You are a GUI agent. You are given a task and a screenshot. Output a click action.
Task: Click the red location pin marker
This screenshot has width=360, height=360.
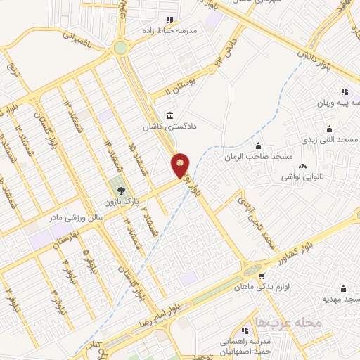180,165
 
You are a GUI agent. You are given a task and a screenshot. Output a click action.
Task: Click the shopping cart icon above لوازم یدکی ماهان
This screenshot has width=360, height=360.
262,276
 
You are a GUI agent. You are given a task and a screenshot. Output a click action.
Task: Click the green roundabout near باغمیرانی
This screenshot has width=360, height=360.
121,48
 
